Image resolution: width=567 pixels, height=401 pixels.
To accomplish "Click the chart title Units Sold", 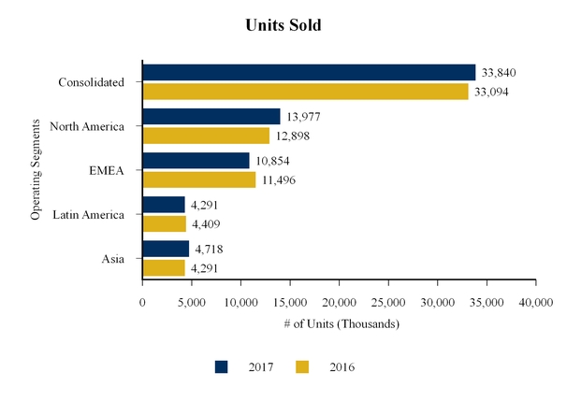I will coord(283,25).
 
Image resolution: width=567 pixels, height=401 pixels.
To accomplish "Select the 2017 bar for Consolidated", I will coord(309,72).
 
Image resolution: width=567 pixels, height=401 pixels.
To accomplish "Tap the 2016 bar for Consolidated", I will coord(305,91).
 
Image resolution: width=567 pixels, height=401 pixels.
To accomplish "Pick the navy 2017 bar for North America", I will coord(211,117).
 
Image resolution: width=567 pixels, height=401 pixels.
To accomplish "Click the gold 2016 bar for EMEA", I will coord(198,179).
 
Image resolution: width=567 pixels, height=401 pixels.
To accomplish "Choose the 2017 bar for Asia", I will coord(166,249).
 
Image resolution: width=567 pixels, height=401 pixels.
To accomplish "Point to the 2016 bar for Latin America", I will coord(164,223).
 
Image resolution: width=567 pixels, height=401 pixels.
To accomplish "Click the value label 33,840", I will coord(498,73).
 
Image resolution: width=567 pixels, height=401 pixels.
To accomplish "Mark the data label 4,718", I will coord(207,250).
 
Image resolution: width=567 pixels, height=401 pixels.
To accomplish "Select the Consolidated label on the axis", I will coord(91,82).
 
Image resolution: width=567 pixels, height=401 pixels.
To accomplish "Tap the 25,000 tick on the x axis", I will coord(387,302).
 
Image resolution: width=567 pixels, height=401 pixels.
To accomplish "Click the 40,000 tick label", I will coord(534,302).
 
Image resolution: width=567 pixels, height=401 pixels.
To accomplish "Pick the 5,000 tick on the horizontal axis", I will coord(191,302).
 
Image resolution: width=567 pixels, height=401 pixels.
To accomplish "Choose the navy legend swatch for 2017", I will coord(222,367).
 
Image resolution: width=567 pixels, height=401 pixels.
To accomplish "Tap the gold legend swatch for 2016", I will coord(302,367).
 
